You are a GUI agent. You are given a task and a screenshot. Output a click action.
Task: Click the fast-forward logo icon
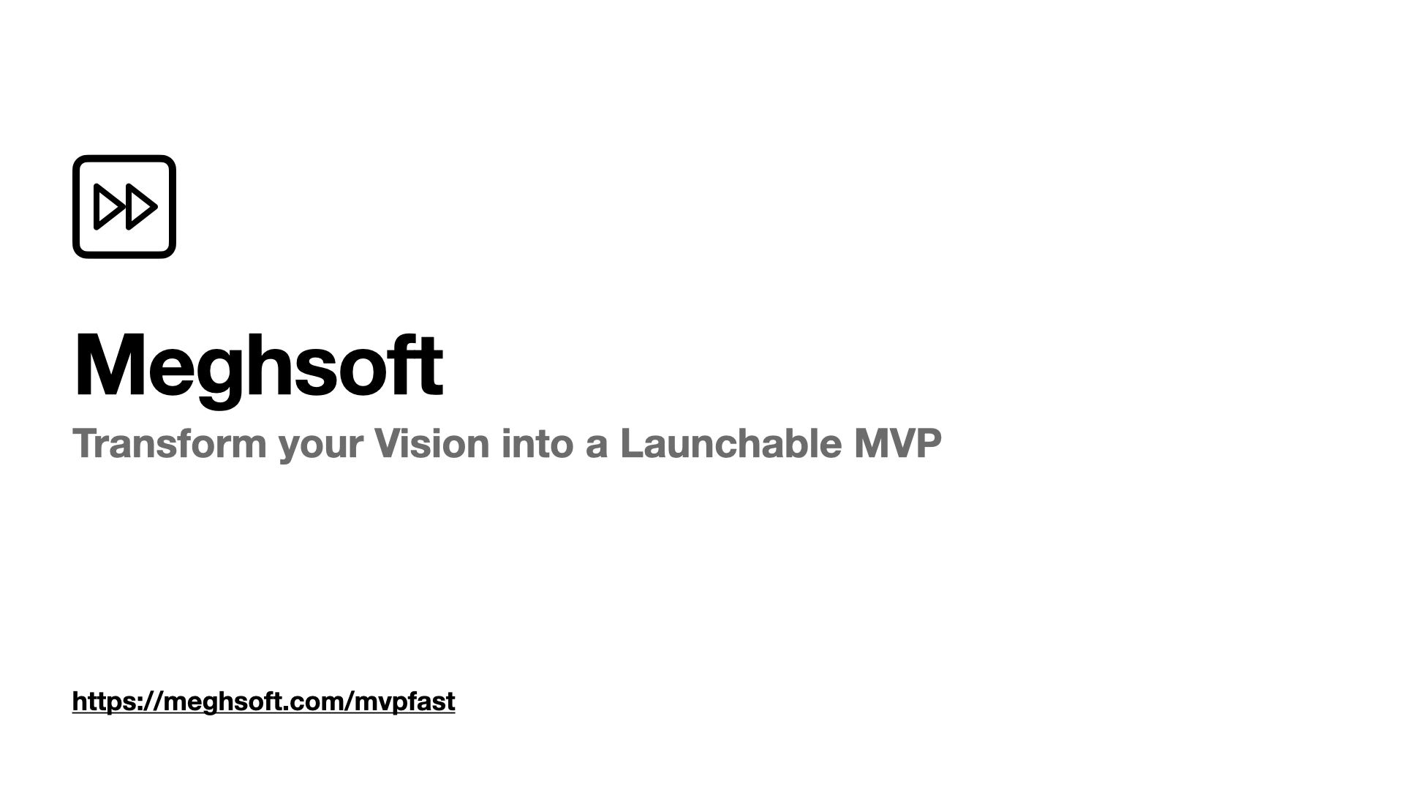click(x=124, y=206)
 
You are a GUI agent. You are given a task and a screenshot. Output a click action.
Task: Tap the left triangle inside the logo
click(x=107, y=207)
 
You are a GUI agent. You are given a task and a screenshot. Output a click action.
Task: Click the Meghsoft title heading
click(x=258, y=364)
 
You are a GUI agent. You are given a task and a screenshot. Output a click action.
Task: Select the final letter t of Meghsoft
click(x=431, y=364)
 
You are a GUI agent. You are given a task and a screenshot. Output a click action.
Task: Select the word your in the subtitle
click(x=320, y=446)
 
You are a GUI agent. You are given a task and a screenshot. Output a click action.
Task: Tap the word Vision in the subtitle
click(x=431, y=443)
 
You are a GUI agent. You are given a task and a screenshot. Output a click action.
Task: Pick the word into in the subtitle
click(x=537, y=443)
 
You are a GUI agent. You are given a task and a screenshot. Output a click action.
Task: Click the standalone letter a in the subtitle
click(x=596, y=446)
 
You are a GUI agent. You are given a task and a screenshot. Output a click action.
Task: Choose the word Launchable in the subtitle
click(x=731, y=443)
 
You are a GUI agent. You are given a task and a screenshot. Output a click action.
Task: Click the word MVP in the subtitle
click(x=897, y=443)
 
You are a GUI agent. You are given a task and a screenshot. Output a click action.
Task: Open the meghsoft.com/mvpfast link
click(x=263, y=701)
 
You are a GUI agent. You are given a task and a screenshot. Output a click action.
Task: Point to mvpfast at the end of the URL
click(x=404, y=701)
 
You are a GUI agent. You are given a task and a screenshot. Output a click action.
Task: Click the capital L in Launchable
click(x=632, y=443)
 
